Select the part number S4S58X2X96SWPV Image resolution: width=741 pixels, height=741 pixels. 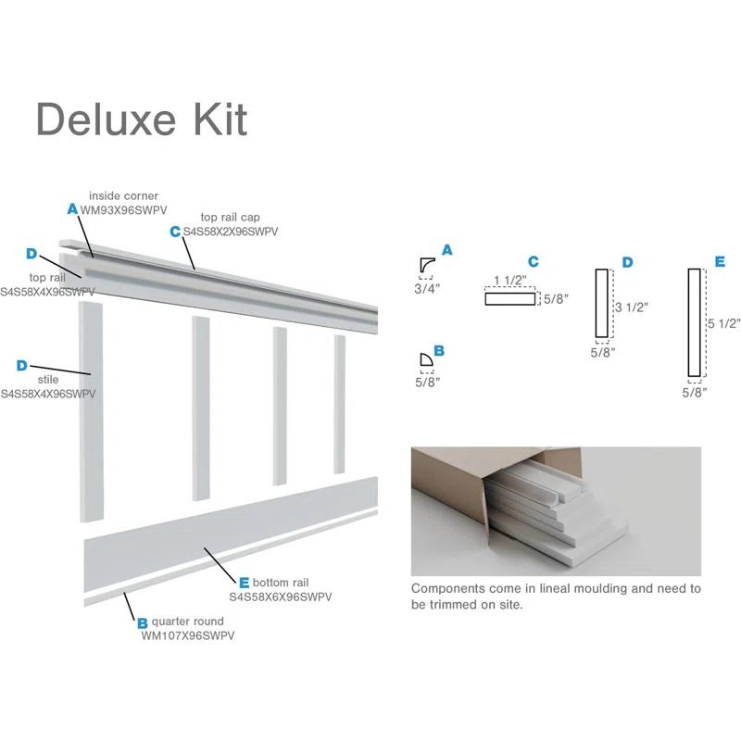231,232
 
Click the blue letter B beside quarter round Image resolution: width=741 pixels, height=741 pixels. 143,623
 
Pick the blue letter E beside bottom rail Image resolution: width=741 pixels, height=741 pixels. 244,583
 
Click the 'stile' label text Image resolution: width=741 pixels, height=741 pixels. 48,380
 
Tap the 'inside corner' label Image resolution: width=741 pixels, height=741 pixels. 123,196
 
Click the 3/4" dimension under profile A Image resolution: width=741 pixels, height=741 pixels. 427,288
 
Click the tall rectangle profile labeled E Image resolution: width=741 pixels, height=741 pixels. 694,322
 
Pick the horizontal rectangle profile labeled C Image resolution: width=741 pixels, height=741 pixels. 510,298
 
